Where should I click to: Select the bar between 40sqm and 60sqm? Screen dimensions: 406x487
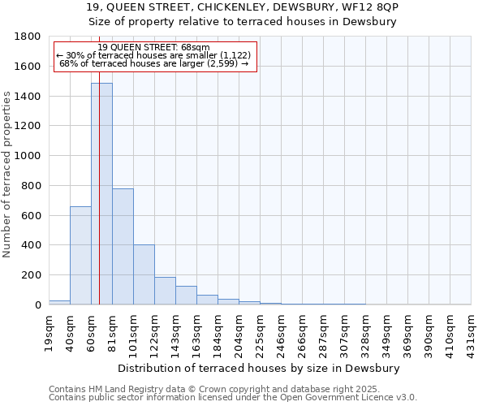[x=80, y=255]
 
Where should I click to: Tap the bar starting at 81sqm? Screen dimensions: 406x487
[x=123, y=246]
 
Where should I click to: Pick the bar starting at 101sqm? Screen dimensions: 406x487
[x=144, y=274]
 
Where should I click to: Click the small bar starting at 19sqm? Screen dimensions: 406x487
[x=59, y=302]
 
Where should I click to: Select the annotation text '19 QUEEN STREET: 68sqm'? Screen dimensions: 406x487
[x=154, y=47]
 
